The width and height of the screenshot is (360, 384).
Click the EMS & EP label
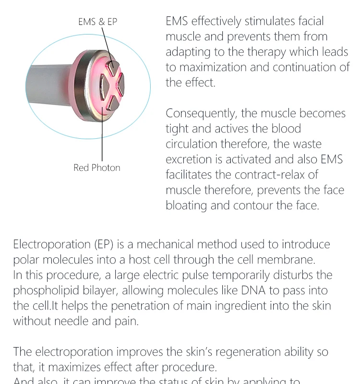coord(97,22)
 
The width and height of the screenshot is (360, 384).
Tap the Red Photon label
coord(97,168)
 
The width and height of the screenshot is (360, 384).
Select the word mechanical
coord(169,244)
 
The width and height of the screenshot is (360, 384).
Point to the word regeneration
coord(252,352)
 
